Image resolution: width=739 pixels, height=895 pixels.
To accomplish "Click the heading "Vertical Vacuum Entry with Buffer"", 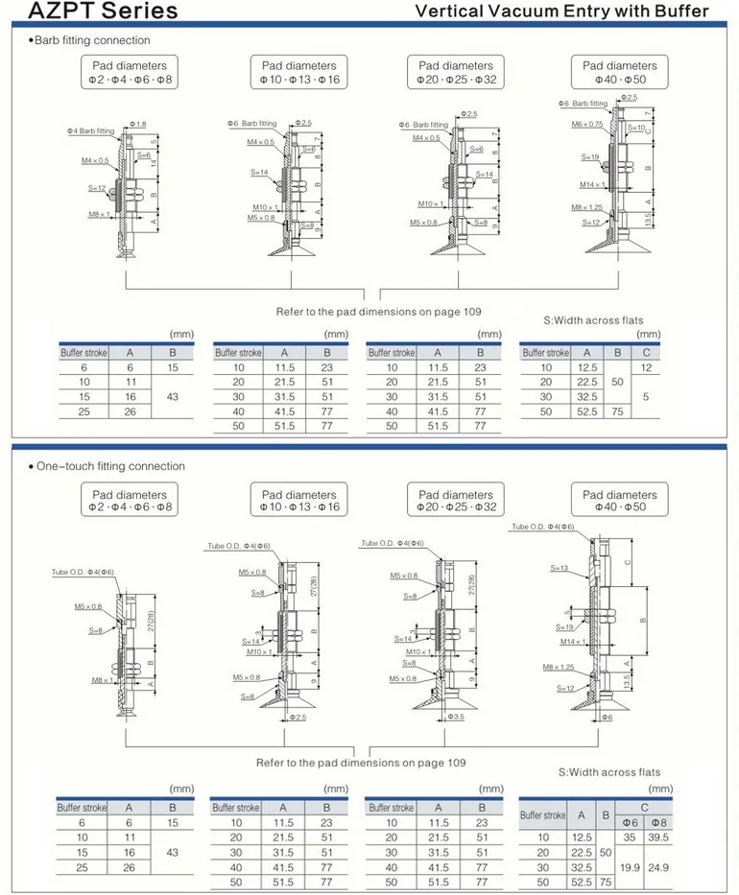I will coord(560,12).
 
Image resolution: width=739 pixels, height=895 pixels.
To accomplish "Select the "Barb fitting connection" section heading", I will coord(90,40).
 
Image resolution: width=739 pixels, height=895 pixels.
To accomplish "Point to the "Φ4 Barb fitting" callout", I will coord(90,130).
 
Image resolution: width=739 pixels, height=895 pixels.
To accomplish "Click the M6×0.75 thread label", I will coord(587,124).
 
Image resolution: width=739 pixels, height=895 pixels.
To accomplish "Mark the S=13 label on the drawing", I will coord(559,568).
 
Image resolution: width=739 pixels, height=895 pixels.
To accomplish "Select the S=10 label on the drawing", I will coord(637,128).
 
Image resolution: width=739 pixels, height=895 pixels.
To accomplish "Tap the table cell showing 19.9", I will coord(630,866).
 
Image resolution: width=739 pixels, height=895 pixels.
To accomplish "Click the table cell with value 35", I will coord(630,836).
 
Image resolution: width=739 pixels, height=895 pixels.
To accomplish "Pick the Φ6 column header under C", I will coord(630,822).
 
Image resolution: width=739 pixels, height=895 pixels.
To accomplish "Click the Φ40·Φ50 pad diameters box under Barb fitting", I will coord(619,73).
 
